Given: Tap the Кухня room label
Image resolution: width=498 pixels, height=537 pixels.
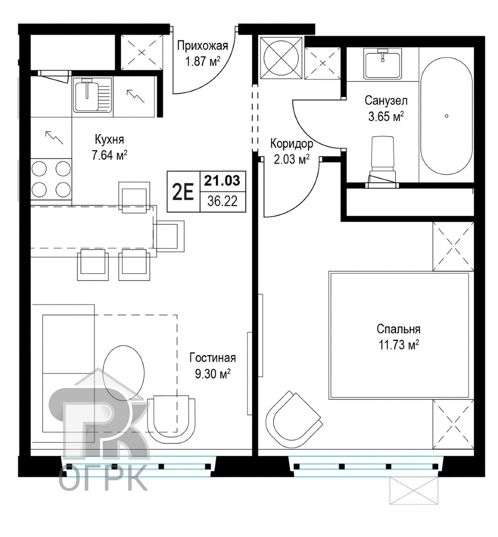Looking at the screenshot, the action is (x=109, y=140).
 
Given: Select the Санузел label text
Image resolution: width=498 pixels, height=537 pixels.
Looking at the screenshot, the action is (x=386, y=101).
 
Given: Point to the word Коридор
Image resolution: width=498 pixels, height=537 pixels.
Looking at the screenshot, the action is (x=292, y=144).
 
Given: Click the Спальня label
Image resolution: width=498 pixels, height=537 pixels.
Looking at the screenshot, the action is (x=399, y=329).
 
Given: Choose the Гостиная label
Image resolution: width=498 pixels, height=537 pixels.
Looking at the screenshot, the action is (x=212, y=358).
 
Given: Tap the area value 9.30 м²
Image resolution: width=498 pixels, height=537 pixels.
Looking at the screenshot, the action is (x=212, y=374).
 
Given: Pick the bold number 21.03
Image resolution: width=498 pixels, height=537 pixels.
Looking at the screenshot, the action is (x=222, y=181).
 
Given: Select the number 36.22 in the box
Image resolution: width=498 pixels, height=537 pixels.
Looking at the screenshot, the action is (x=222, y=201).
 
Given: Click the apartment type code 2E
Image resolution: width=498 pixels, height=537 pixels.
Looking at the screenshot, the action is (x=183, y=191).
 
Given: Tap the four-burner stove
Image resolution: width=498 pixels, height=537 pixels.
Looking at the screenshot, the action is (x=51, y=179).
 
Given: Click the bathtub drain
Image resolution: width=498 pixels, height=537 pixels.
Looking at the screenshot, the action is (x=446, y=116).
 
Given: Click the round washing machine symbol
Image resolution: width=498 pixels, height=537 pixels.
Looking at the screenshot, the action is (x=281, y=57).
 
